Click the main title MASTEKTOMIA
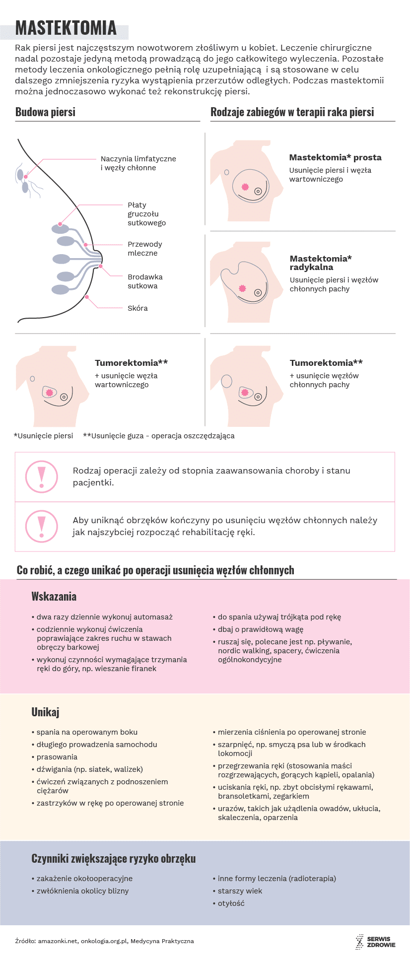tap(66, 28)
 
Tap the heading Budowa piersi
tap(45, 112)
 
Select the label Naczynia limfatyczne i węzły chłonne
tap(138, 163)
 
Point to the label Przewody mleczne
tap(144, 249)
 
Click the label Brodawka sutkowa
tap(145, 281)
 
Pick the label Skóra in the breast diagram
tap(137, 308)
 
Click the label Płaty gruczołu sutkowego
tap(146, 214)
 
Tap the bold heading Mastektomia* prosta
tap(335, 157)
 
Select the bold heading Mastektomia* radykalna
tap(321, 263)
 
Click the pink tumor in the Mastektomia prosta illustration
tap(245, 187)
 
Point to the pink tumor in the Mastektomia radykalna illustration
tap(242, 288)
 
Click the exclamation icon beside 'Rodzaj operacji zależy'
tap(42, 477)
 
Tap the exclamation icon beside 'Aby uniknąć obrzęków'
tap(42, 526)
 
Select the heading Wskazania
tap(54, 597)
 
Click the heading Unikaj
tap(45, 712)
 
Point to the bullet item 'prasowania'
tap(57, 757)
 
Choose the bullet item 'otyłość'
tap(231, 903)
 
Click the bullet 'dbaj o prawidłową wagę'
tap(260, 629)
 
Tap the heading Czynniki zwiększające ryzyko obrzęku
tap(113, 859)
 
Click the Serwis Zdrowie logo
tap(375, 942)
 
